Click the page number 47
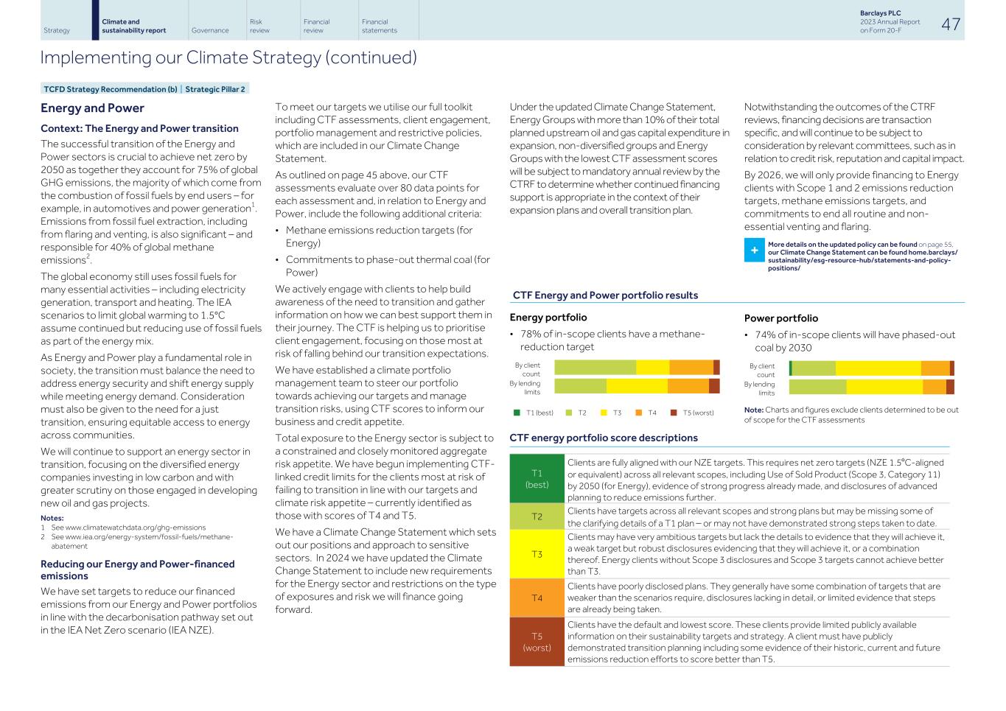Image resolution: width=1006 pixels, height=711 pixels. click(951, 24)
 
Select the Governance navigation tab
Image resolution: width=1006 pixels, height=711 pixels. click(209, 30)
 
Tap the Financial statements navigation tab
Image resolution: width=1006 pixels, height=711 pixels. click(379, 26)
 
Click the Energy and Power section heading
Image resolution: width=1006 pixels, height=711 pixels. click(92, 108)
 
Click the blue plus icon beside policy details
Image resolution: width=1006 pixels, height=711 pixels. click(754, 251)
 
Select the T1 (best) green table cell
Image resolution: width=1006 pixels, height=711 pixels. click(537, 479)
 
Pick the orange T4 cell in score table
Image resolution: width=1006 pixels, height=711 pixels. click(537, 598)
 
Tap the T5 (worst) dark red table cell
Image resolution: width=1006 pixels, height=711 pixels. click(537, 642)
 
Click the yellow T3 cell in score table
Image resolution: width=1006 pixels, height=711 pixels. click(537, 554)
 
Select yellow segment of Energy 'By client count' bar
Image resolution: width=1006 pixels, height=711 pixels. click(652, 368)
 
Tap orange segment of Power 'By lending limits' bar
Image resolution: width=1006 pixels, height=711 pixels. click(934, 387)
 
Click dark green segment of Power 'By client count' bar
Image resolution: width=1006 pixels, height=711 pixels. click(790, 368)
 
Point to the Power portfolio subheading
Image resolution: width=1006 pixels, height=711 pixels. click(780, 318)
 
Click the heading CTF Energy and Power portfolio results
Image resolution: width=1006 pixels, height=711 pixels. click(605, 295)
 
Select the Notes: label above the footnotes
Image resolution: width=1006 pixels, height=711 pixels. click(52, 518)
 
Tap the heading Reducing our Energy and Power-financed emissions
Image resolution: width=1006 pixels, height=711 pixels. click(137, 570)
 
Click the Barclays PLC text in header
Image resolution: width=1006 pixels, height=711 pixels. click(880, 13)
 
